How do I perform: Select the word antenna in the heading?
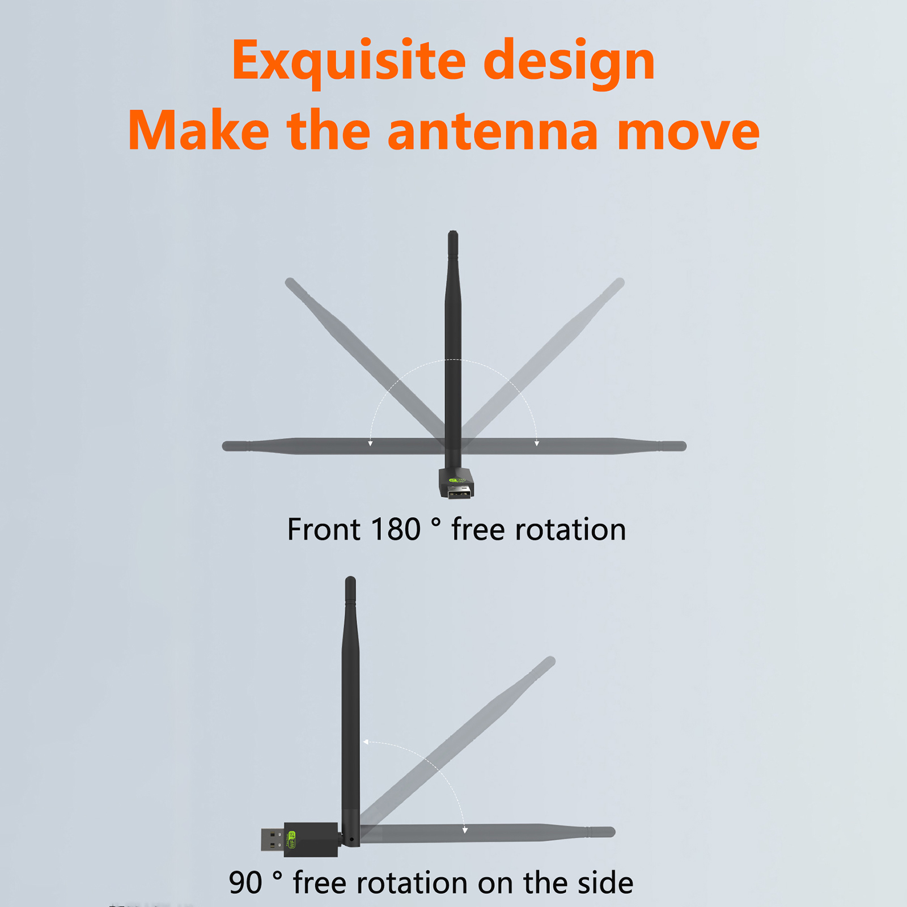(493, 131)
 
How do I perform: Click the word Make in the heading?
(198, 131)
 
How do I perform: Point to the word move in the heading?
(688, 134)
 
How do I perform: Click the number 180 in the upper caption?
(395, 530)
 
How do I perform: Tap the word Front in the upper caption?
(324, 530)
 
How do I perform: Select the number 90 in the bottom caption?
(245, 883)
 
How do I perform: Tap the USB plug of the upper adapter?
(460, 492)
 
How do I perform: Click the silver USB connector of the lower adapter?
(273, 840)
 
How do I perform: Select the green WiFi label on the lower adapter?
(293, 840)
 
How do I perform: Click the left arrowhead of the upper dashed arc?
(370, 443)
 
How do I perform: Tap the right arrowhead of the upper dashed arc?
(536, 443)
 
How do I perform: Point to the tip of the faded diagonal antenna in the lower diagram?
(550, 661)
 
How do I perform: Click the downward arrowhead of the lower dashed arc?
(465, 830)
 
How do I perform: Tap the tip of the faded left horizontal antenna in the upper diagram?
(226, 446)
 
